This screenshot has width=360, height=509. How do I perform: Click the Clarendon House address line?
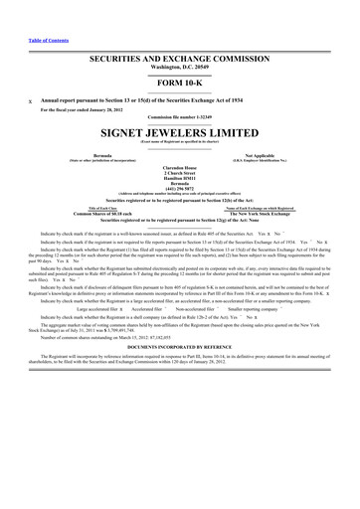point(180,170)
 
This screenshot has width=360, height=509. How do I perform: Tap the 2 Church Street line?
point(180,175)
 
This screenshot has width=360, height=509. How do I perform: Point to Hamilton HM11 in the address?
point(180,181)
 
